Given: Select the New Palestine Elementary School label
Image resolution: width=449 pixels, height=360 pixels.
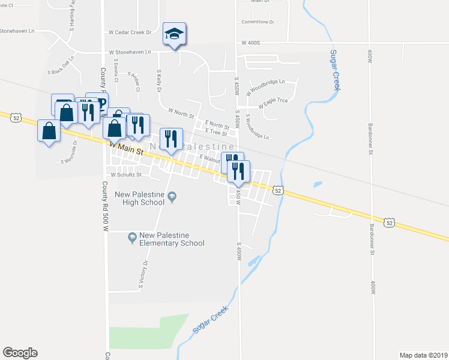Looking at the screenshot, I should click(172, 239).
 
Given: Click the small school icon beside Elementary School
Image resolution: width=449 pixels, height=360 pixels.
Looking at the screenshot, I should click(132, 239).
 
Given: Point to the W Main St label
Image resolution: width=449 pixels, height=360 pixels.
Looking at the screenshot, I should click(126, 148).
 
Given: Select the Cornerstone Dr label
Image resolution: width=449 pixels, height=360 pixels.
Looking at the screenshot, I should click(258, 22).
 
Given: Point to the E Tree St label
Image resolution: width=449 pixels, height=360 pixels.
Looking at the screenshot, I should click(215, 131).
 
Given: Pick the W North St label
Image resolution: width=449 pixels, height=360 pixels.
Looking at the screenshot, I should click(181, 112).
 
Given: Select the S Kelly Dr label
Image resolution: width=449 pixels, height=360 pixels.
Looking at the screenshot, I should click(160, 80).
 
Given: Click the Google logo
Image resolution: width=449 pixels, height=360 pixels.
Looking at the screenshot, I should click(20, 353).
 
